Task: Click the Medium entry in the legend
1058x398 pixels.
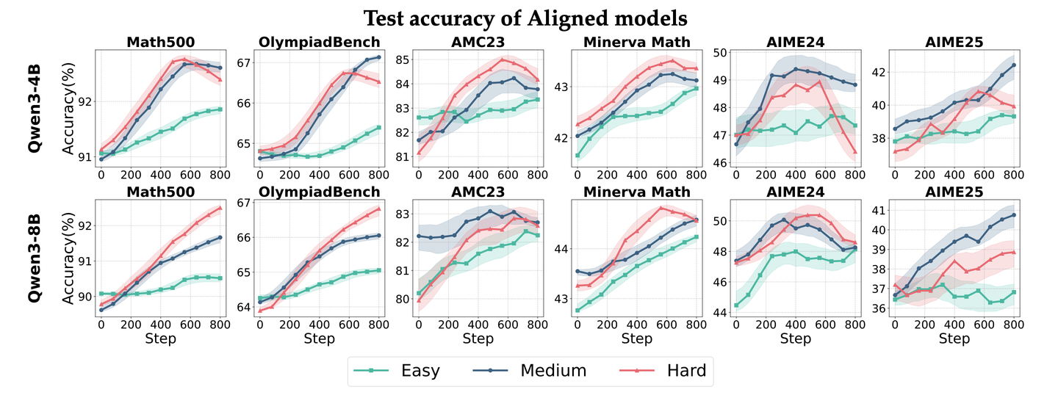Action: click(553, 370)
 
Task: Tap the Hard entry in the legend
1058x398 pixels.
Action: click(684, 370)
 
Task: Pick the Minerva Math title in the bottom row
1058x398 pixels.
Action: click(636, 192)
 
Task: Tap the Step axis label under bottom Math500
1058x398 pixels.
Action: click(160, 339)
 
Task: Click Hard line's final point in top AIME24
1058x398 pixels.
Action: click(855, 152)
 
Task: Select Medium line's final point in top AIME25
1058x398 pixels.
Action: click(1014, 65)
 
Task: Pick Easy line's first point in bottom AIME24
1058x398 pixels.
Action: click(736, 305)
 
